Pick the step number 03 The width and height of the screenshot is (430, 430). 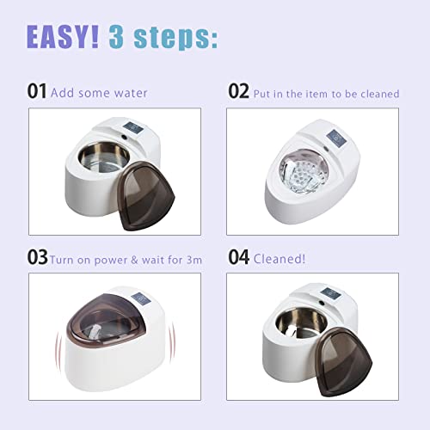37,257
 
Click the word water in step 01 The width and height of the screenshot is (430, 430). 129,93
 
